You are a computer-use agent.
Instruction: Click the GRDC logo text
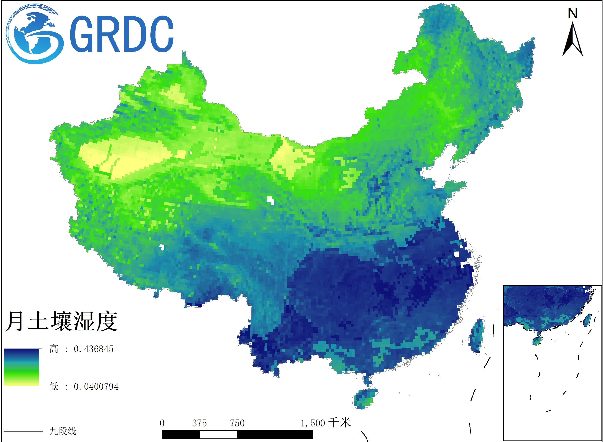122,34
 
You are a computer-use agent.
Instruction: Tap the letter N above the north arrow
573,13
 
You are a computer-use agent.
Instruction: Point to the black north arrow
573,40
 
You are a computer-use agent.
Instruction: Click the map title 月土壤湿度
61,321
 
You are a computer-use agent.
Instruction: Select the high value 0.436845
93,349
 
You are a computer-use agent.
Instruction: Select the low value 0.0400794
96,387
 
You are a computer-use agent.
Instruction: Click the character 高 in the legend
54,349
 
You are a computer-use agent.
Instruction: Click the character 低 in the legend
54,387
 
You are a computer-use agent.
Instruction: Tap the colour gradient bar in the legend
21,367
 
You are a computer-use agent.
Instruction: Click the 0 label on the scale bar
162,423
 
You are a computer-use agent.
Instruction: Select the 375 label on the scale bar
200,423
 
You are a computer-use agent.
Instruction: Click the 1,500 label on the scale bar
313,423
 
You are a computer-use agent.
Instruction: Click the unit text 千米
340,423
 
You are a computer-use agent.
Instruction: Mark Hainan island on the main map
364,398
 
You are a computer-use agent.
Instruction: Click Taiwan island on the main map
476,336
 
